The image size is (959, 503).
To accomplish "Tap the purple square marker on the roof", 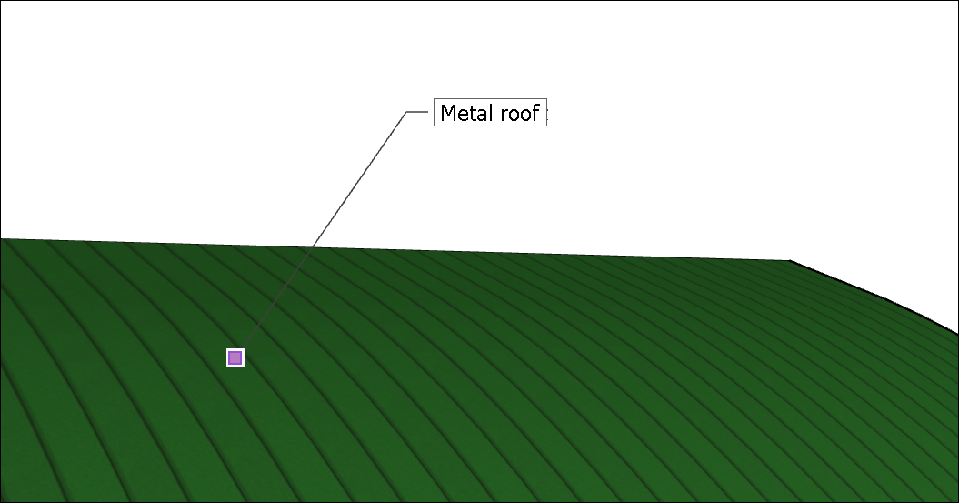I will [x=235, y=357].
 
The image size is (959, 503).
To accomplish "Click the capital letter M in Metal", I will [x=447, y=114].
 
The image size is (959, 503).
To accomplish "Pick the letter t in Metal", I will [x=470, y=114].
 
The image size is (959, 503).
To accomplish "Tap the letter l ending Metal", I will [x=488, y=113].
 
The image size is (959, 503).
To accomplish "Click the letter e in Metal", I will [x=462, y=116].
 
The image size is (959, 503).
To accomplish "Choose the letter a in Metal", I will [x=479, y=116].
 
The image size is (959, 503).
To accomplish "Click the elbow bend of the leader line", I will [x=405, y=113].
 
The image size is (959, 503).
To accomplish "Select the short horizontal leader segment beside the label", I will [x=417, y=113].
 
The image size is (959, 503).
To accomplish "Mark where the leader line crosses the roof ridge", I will [x=314, y=246].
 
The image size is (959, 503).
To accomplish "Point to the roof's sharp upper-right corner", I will [x=790, y=261].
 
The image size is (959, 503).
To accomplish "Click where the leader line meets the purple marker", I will [x=242, y=348].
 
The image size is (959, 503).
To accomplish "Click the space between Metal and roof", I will [x=495, y=114].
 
